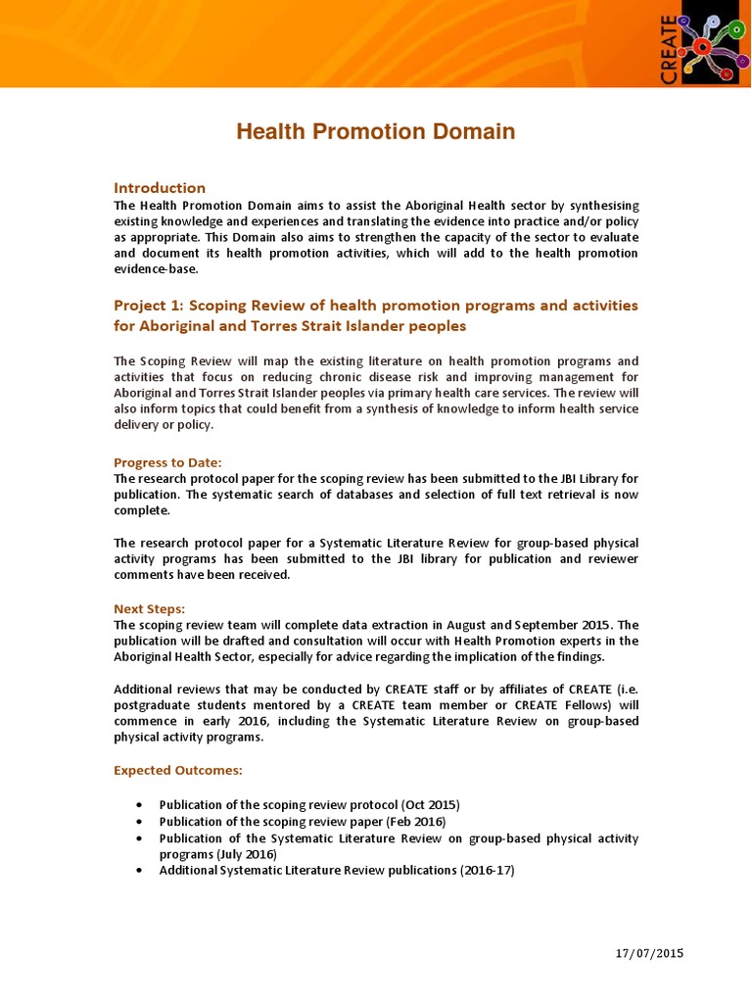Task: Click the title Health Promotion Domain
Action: click(x=375, y=131)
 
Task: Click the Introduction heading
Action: click(x=160, y=187)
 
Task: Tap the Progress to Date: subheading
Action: click(x=167, y=462)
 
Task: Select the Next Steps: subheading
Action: click(x=150, y=608)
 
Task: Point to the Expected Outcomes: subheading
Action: click(x=178, y=770)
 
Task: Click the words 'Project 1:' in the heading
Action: click(x=148, y=305)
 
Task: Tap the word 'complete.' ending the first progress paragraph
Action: click(x=142, y=510)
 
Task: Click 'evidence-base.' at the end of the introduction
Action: click(x=156, y=269)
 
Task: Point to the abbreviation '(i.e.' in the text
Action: click(x=624, y=689)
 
